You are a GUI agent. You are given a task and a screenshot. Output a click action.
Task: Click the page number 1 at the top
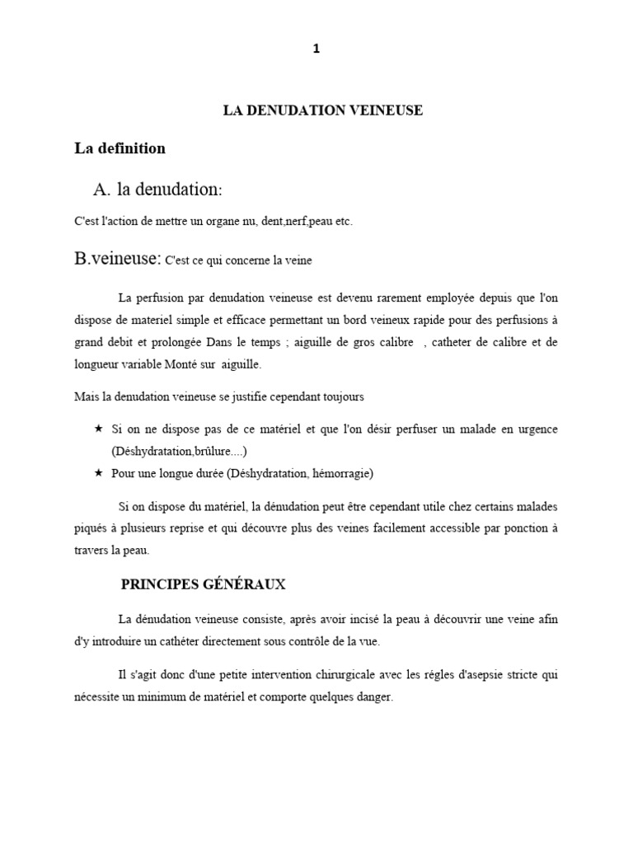point(316,49)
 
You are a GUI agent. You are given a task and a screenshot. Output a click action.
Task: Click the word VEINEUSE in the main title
point(385,110)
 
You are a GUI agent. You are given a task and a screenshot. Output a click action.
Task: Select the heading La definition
point(120,149)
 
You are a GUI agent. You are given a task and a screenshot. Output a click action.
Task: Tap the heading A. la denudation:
point(157,190)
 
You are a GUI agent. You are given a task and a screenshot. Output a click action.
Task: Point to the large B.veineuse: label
point(118,259)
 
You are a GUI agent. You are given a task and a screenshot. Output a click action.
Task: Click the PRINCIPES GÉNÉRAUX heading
point(204,584)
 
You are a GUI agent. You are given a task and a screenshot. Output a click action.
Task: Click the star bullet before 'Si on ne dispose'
point(99,429)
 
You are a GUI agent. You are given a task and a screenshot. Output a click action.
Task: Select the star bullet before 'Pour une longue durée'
point(99,472)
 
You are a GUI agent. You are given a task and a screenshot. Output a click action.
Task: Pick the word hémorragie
point(341,473)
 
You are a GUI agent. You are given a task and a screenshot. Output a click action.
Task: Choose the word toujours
point(342,397)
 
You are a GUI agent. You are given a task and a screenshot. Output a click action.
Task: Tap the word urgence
point(536,429)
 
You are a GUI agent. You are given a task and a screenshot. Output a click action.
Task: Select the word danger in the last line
point(374,696)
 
